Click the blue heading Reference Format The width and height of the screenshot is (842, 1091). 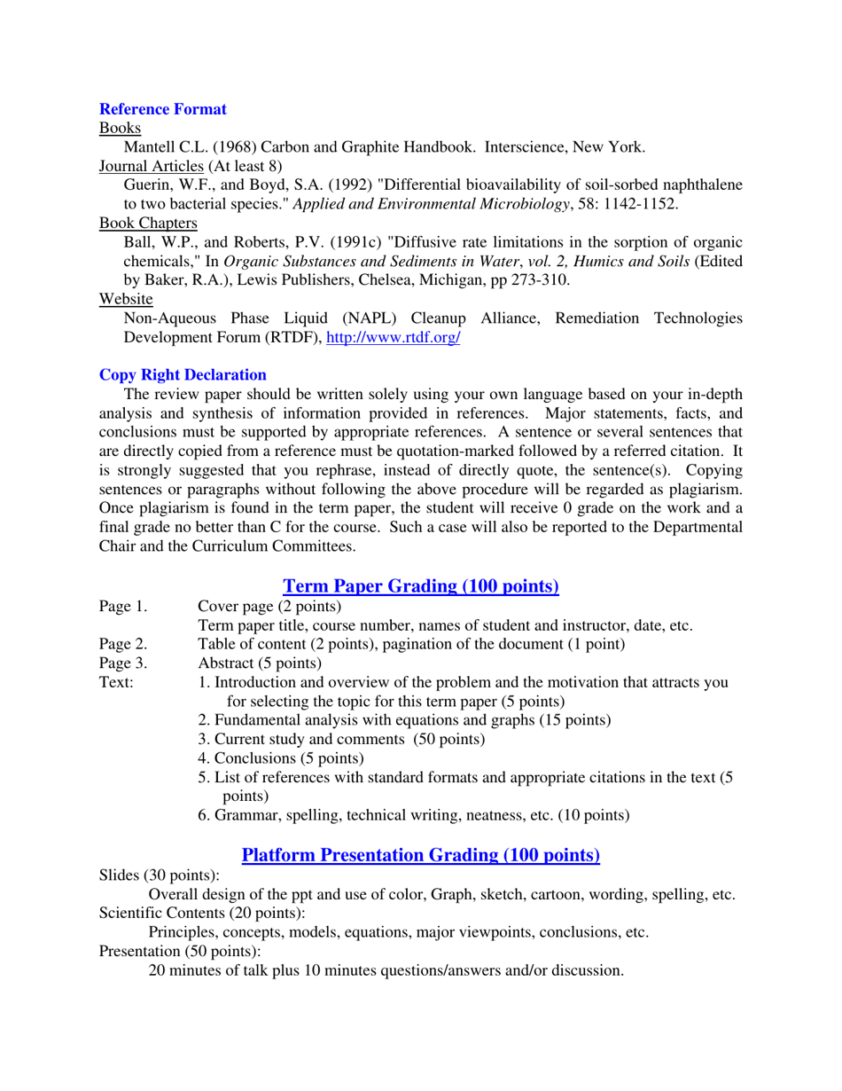162,109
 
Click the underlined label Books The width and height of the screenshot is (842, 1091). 114,128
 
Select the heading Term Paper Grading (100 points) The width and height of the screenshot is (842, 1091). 420,585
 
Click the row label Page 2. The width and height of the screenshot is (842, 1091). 123,644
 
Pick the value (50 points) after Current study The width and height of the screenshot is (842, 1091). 443,738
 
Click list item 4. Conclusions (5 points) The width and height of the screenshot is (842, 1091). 281,757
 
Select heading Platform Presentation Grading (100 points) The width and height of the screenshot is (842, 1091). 420,856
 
